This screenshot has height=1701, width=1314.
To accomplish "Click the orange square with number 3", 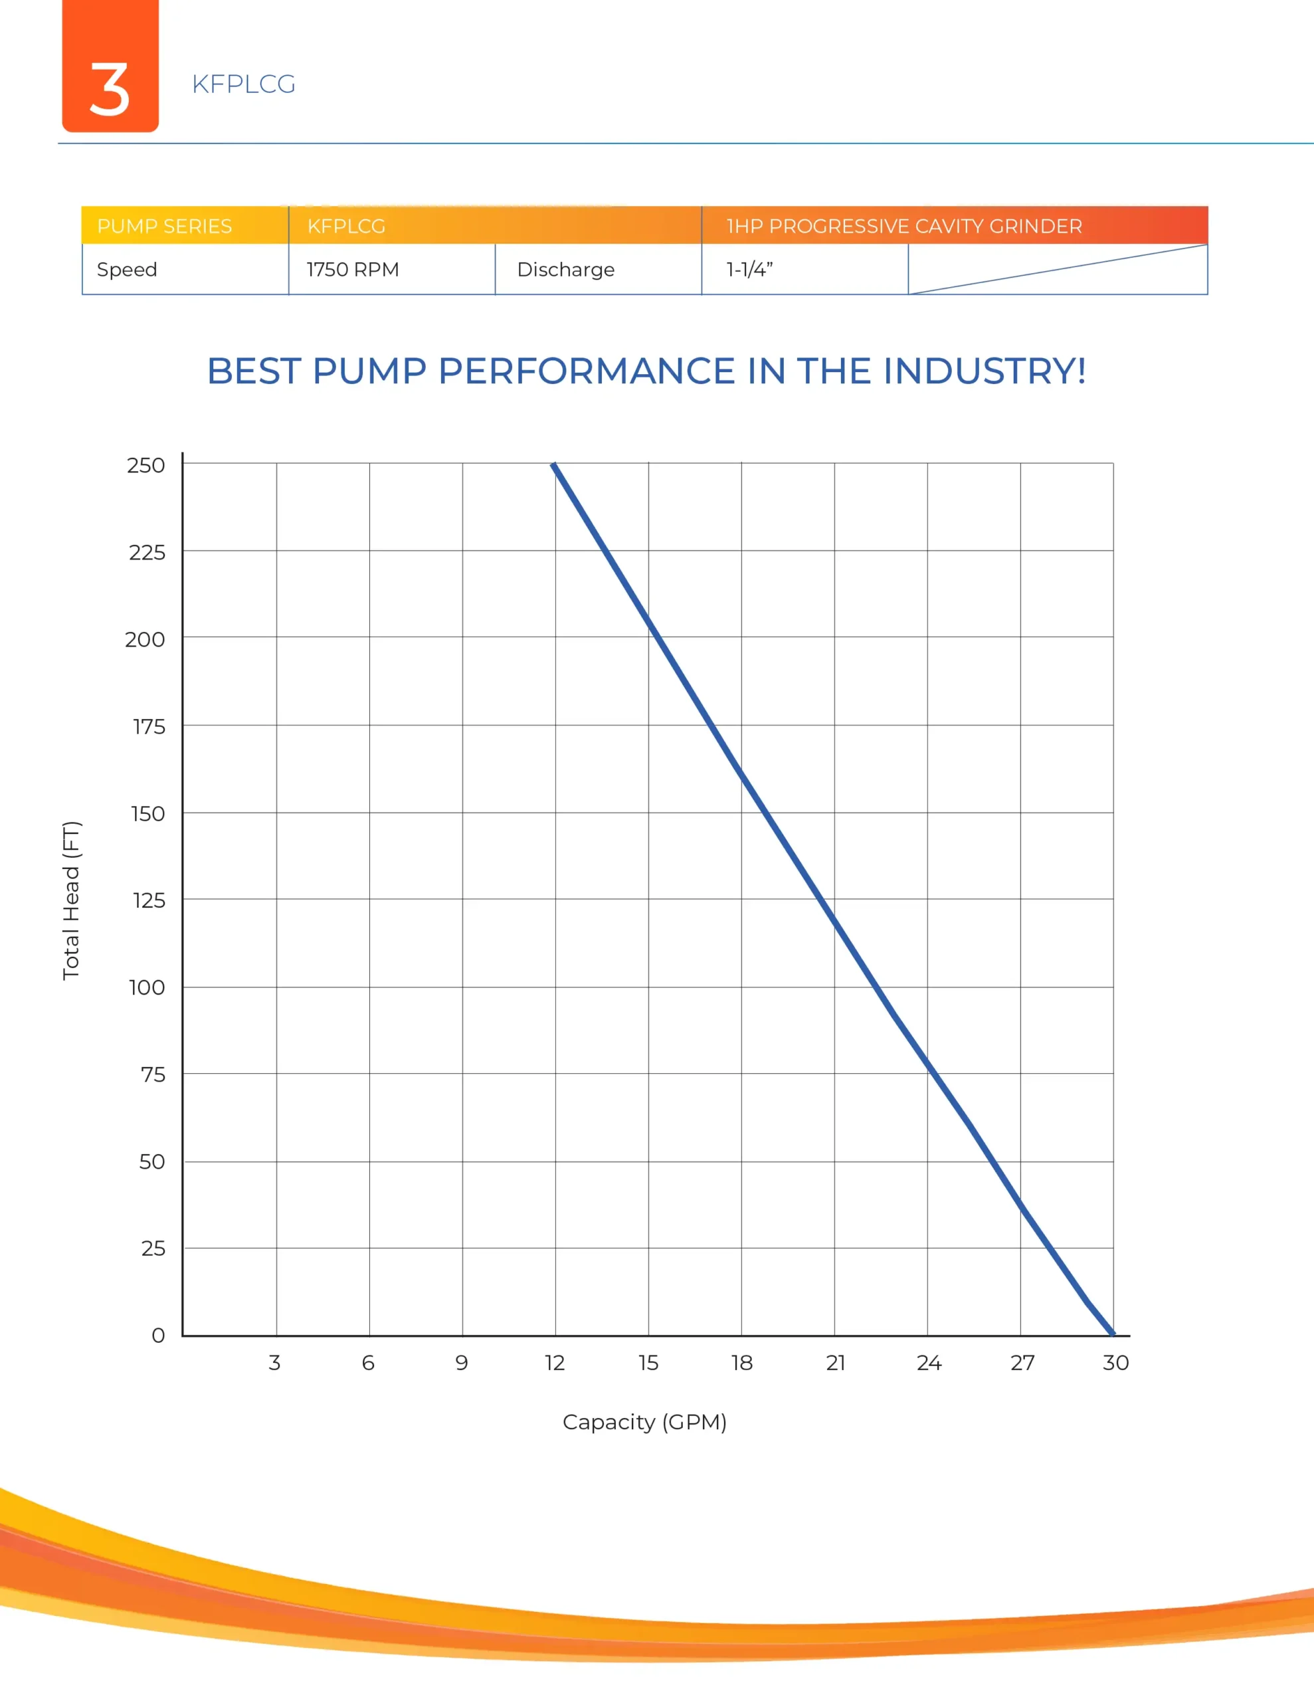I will click(x=110, y=66).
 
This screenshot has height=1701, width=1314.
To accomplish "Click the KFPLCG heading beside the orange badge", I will click(x=243, y=84).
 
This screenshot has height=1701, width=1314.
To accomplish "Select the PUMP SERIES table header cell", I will click(x=164, y=227).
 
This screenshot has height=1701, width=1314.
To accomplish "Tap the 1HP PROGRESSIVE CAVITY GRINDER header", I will click(x=903, y=227).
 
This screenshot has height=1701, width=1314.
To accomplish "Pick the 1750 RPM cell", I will click(x=353, y=270).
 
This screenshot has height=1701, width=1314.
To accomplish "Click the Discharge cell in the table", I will click(x=565, y=270).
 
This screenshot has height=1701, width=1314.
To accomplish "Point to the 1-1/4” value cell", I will click(x=749, y=270).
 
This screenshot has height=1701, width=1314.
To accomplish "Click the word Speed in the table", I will click(x=127, y=270).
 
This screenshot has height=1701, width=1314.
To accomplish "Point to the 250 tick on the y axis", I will click(x=145, y=465).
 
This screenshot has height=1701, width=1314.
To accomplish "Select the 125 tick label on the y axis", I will click(x=148, y=900).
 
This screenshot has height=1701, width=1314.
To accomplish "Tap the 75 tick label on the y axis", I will click(x=153, y=1075).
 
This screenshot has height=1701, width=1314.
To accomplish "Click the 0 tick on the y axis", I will click(x=158, y=1335).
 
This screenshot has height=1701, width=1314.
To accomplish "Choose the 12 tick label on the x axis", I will click(x=555, y=1363).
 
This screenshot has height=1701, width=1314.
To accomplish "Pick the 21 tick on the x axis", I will click(x=835, y=1363).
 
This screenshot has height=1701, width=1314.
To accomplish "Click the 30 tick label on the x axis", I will click(x=1115, y=1363).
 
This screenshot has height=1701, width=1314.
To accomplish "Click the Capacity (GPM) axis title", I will click(x=644, y=1422).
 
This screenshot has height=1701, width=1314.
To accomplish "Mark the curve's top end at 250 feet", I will click(x=554, y=465).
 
